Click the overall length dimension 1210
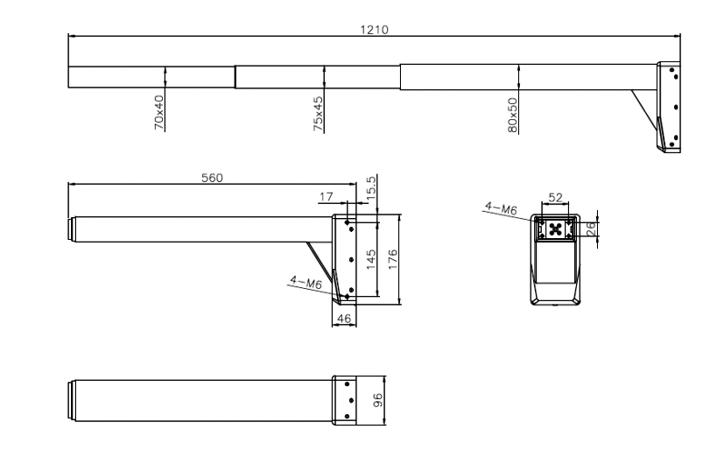[375, 29]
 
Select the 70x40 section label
[159, 113]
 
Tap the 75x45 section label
[320, 113]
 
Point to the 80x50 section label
[514, 114]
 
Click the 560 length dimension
[212, 177]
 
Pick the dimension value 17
[327, 198]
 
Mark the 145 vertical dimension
[372, 259]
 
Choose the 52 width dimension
[554, 200]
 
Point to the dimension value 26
[591, 229]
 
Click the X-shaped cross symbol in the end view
[554, 229]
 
